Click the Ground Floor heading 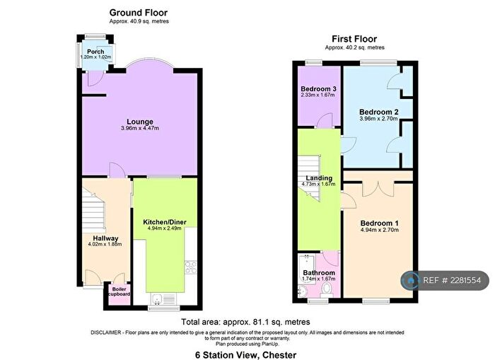(x=138, y=13)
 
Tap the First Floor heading (x=354, y=39)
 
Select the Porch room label (x=95, y=52)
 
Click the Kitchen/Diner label (x=163, y=221)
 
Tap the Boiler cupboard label (x=119, y=291)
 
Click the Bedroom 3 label (x=318, y=88)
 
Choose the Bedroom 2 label (x=379, y=112)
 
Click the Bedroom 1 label (x=379, y=223)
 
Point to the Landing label (x=318, y=178)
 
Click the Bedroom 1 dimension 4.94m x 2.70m (x=379, y=231)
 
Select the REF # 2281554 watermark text (x=453, y=281)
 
